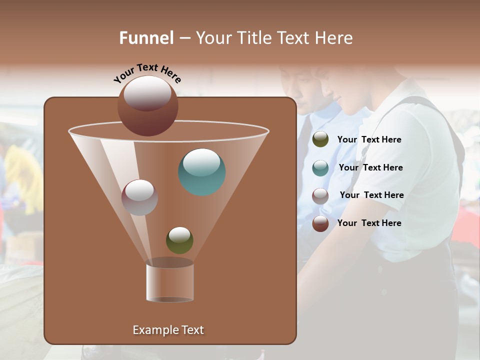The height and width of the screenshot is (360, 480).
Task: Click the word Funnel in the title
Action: tap(146, 38)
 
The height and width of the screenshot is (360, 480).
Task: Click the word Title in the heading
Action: tap(254, 38)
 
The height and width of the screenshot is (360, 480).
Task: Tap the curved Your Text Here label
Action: tap(147, 73)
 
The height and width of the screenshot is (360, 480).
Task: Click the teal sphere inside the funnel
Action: tap(202, 172)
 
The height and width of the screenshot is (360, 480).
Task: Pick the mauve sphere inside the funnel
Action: tap(139, 197)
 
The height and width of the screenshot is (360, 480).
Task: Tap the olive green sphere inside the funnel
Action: tap(179, 240)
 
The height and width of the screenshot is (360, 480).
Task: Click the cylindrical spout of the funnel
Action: tap(170, 281)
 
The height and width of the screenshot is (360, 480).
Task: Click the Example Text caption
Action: tap(168, 330)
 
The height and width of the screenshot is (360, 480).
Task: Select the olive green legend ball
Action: tap(320, 139)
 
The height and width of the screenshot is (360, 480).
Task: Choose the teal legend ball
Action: tap(320, 167)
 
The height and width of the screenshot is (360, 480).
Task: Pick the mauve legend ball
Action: tap(320, 195)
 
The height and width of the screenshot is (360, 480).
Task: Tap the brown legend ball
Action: tap(320, 223)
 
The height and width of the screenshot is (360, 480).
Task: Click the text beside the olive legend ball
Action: tap(369, 139)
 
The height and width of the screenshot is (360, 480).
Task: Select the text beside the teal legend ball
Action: tap(370, 167)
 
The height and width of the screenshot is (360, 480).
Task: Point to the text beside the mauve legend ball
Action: tap(371, 195)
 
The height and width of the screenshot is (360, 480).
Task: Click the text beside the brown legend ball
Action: tap(369, 223)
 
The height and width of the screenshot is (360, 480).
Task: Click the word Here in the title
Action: tap(334, 38)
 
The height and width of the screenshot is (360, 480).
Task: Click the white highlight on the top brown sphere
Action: tap(147, 93)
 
